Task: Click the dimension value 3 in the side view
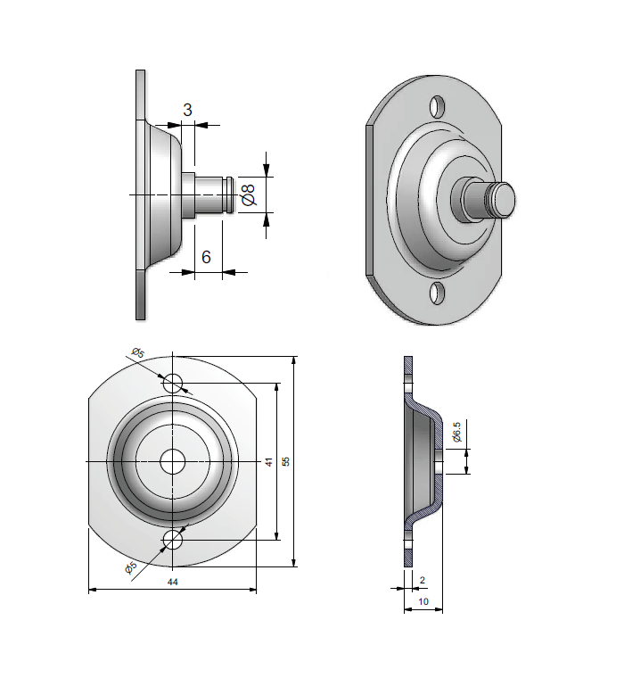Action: tap(187, 110)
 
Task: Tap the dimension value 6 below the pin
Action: tap(206, 257)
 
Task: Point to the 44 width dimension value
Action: tap(173, 582)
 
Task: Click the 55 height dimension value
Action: tap(286, 461)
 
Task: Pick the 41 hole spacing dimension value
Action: tap(268, 462)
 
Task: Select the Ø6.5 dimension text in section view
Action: tap(456, 432)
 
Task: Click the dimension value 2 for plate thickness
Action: tap(422, 580)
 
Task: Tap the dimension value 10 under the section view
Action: tap(423, 603)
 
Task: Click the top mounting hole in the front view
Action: tap(173, 383)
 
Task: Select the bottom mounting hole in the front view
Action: tap(173, 540)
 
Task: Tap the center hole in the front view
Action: tap(173, 461)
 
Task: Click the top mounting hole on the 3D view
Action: tap(437, 107)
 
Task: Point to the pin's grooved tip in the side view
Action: tap(230, 194)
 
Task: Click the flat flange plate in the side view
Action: tap(140, 194)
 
